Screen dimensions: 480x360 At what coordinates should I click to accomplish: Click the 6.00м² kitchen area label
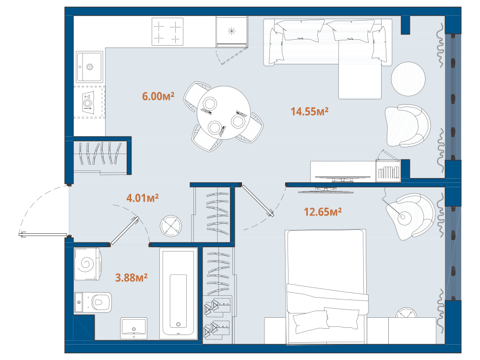158,96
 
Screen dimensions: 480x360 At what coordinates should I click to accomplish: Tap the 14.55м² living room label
310,111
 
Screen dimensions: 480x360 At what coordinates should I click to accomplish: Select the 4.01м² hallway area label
143,198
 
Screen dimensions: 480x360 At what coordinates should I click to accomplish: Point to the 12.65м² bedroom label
323,212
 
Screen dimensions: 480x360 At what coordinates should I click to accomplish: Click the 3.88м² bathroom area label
132,277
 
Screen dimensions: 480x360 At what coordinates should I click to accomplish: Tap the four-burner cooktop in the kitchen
168,31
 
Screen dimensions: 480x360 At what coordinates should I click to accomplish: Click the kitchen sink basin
89,67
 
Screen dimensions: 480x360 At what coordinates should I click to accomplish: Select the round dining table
224,113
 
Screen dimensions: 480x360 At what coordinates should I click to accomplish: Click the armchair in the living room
408,126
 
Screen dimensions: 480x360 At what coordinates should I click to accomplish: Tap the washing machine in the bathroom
87,264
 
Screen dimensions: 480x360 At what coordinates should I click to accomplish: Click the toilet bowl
93,302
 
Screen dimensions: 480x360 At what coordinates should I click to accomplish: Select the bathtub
178,294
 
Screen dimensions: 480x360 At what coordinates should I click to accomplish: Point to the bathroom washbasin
134,328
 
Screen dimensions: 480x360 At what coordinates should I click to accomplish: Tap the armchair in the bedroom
410,216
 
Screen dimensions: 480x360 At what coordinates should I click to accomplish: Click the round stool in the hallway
171,226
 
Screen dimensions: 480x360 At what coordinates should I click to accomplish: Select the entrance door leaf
43,235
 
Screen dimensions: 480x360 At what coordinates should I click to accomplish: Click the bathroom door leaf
125,231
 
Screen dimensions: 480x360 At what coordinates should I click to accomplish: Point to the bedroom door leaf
258,200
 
